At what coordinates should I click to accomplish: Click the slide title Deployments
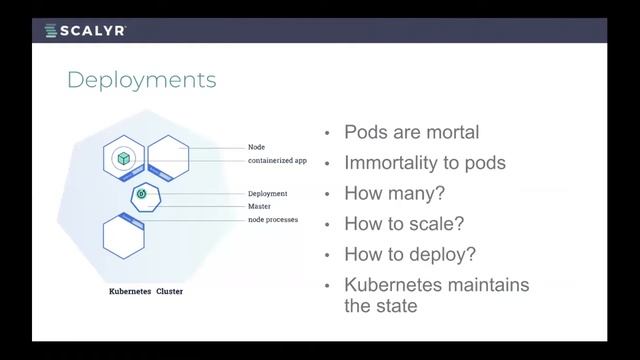(x=141, y=80)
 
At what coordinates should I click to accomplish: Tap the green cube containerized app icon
(x=123, y=158)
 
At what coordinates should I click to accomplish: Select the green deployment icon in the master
(x=142, y=193)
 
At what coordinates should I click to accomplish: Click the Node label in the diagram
(x=257, y=147)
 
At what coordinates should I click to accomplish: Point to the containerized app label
(x=277, y=160)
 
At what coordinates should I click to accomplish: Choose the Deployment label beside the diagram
(x=267, y=193)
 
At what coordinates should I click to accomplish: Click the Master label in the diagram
(x=259, y=206)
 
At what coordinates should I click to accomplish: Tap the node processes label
(x=272, y=219)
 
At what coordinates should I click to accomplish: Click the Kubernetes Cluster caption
(x=146, y=292)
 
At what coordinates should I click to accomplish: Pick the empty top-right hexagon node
(x=167, y=155)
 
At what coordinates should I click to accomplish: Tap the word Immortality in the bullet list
(x=395, y=162)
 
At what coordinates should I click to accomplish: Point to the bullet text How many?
(x=394, y=193)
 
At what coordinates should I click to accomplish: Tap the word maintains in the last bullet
(x=489, y=285)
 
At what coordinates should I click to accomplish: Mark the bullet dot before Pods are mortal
(x=326, y=134)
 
